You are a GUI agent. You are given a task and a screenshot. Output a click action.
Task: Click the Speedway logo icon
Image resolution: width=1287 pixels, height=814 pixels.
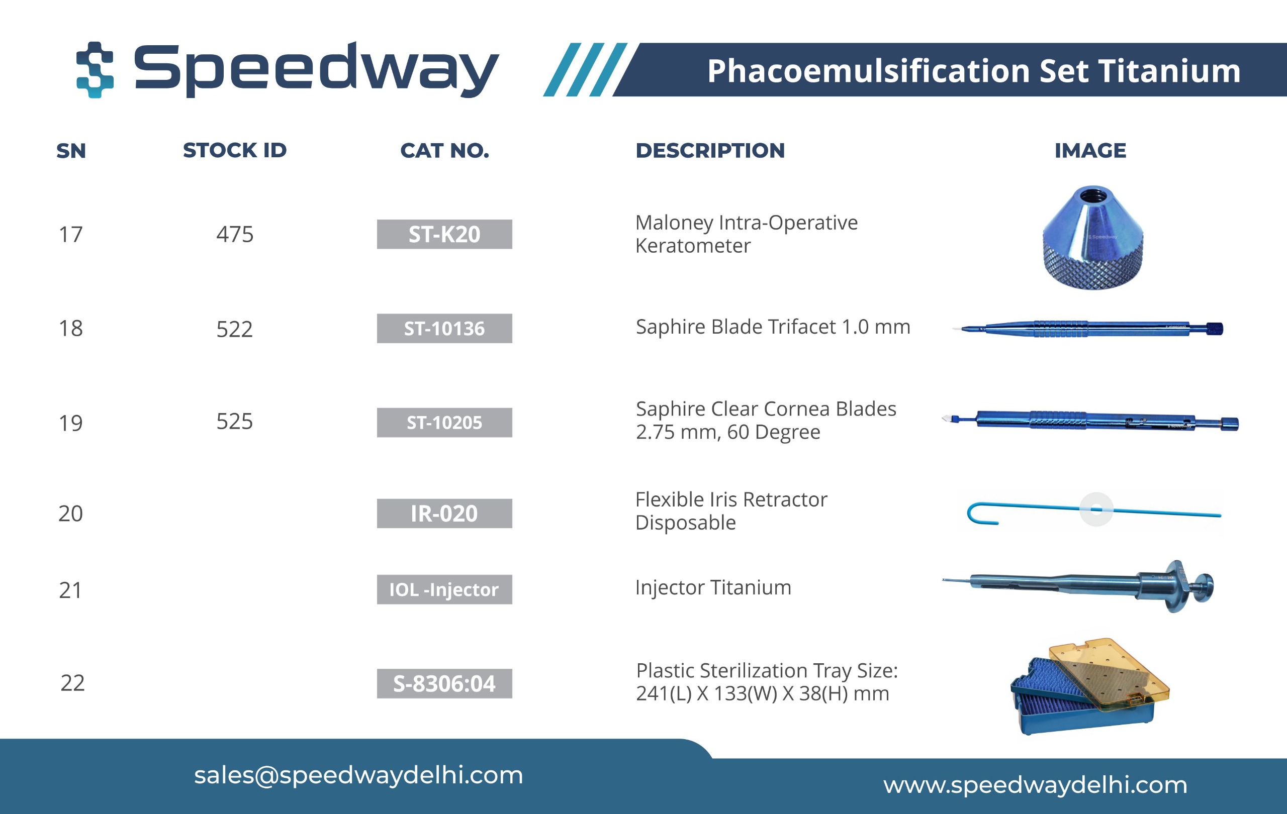(x=95, y=69)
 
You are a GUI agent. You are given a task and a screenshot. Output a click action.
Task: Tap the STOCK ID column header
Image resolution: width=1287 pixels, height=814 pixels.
(x=235, y=151)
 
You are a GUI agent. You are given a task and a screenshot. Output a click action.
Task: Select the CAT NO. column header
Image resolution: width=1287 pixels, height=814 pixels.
(x=445, y=151)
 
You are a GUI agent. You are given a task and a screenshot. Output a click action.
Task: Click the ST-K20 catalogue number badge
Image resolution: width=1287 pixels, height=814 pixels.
(x=444, y=234)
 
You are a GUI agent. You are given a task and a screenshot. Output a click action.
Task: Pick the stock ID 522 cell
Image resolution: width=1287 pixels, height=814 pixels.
(x=234, y=329)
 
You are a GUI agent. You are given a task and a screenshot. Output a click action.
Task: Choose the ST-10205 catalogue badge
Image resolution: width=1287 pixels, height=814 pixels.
(x=444, y=423)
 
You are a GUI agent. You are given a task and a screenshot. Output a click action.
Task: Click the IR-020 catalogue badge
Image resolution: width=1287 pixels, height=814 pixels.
(x=444, y=514)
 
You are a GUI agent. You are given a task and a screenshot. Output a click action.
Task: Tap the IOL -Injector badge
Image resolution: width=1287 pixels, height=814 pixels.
(x=444, y=589)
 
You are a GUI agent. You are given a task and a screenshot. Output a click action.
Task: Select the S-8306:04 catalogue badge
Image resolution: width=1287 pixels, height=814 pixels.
(x=444, y=684)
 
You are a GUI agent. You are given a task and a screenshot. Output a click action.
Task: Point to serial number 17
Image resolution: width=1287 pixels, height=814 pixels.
(x=70, y=235)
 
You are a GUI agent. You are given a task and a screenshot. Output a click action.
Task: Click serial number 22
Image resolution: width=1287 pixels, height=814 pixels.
(x=72, y=683)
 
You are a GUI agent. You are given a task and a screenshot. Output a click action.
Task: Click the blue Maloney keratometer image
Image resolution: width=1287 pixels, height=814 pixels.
(x=1093, y=238)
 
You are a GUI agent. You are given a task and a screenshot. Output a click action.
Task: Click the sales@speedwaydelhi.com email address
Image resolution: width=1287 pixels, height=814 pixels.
(x=358, y=775)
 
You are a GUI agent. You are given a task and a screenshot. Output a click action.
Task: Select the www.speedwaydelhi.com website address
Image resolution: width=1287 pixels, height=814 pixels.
(x=1035, y=785)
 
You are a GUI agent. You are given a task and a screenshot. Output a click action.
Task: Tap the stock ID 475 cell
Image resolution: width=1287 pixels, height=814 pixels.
(x=235, y=235)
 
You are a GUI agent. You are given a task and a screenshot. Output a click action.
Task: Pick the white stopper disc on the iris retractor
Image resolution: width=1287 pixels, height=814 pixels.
(x=1096, y=509)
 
